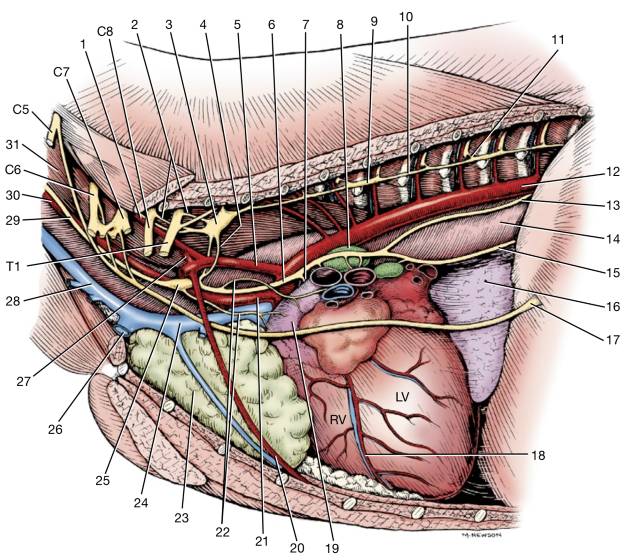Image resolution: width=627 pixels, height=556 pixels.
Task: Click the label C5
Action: pos(21,110)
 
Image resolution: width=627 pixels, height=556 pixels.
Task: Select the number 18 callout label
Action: pos(538,455)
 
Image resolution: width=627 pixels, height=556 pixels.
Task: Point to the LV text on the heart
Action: pos(402,398)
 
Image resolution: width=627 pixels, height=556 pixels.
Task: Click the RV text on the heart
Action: pos(338,420)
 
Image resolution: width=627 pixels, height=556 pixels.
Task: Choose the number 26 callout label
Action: pos(55,429)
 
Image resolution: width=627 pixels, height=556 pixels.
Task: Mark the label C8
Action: pos(105,32)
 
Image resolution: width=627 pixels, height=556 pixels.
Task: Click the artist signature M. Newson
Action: pos(481,535)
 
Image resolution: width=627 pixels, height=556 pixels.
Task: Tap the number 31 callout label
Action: pos(12,145)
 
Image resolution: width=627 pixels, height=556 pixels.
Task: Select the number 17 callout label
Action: pos(612,339)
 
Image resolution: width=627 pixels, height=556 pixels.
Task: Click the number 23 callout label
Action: pos(181,518)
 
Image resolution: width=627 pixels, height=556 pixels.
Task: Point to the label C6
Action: pos(13,170)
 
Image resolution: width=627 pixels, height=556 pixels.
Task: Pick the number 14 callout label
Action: pos(612,238)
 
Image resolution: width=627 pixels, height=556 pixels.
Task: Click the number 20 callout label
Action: pos(297,548)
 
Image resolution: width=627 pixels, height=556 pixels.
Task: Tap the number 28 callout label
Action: pos(13,301)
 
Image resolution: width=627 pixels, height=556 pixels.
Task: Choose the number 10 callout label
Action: pos(406,17)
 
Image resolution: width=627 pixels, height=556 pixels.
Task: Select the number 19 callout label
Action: pos(332,548)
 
